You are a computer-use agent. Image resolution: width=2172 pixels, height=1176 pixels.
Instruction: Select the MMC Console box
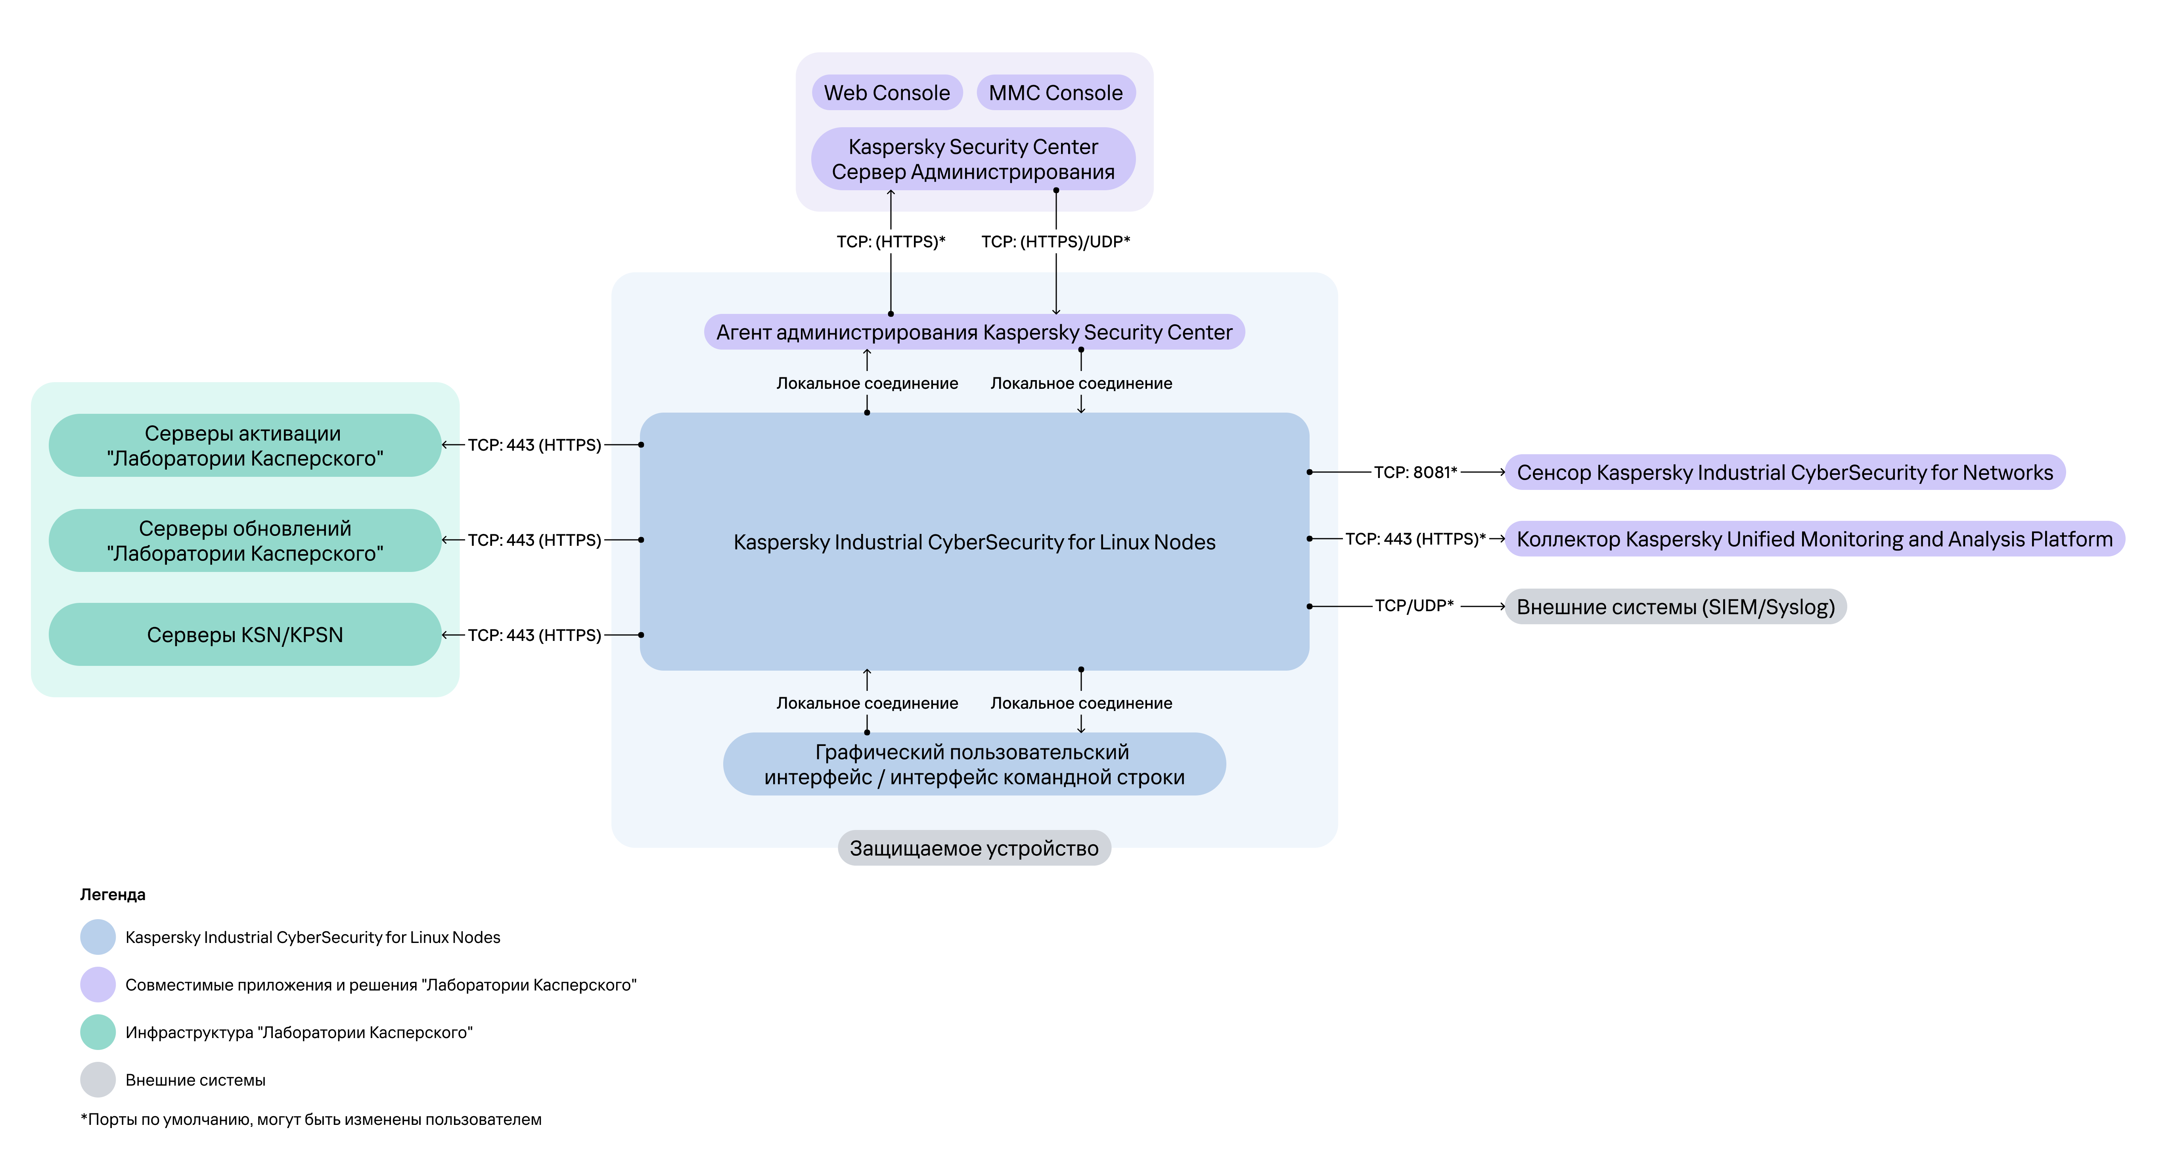coord(1055,93)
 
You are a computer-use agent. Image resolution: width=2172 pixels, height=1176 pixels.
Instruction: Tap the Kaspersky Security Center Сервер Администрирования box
coord(973,159)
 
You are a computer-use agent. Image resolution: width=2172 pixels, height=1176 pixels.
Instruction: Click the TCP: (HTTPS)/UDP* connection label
coord(1055,242)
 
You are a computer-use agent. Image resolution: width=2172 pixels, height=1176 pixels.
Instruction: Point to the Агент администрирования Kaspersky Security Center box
coord(974,332)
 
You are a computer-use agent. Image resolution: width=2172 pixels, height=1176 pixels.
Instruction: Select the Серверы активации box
coord(245,445)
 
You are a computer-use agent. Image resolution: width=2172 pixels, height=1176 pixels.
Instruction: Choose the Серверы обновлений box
coord(245,540)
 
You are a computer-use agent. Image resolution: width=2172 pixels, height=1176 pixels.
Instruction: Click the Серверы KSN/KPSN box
coord(245,635)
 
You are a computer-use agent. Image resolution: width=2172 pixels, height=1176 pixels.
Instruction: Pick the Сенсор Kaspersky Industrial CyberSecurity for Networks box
coord(1785,472)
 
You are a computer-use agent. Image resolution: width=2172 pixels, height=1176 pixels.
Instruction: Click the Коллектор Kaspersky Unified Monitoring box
coord(1814,539)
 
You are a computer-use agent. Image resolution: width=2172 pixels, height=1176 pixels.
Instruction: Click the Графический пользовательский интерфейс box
coord(974,764)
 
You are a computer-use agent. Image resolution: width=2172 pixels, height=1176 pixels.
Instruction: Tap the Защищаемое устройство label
coord(974,848)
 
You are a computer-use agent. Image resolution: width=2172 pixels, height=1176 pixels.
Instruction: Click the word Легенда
coord(113,895)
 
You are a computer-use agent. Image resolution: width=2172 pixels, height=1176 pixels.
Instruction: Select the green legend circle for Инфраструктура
coord(98,1032)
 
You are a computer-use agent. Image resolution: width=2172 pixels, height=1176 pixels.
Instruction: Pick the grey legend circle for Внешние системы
coord(98,1080)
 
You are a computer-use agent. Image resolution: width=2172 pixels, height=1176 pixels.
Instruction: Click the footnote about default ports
coord(311,1119)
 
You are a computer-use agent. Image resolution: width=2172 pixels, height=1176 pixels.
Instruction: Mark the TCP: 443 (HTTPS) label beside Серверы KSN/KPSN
coord(534,635)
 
